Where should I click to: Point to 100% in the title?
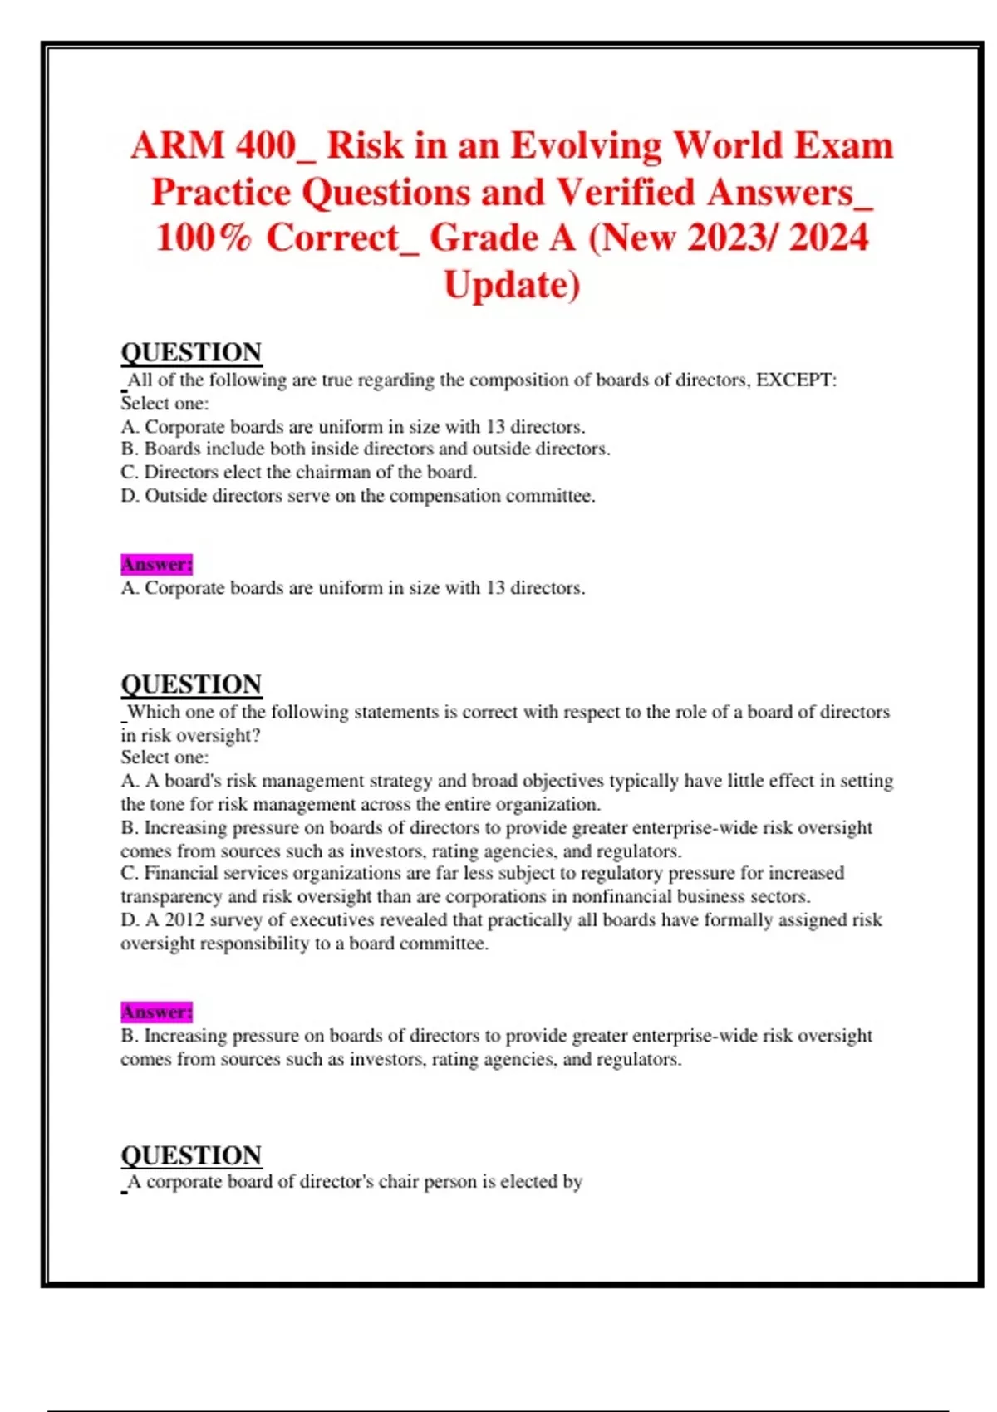203,238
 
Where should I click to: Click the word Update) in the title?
512,285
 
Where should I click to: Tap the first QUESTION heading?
191,352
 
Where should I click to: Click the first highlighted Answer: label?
156,565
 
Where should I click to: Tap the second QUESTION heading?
191,684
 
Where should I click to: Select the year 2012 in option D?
184,920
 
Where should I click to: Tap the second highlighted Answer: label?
156,1012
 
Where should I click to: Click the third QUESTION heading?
191,1155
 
